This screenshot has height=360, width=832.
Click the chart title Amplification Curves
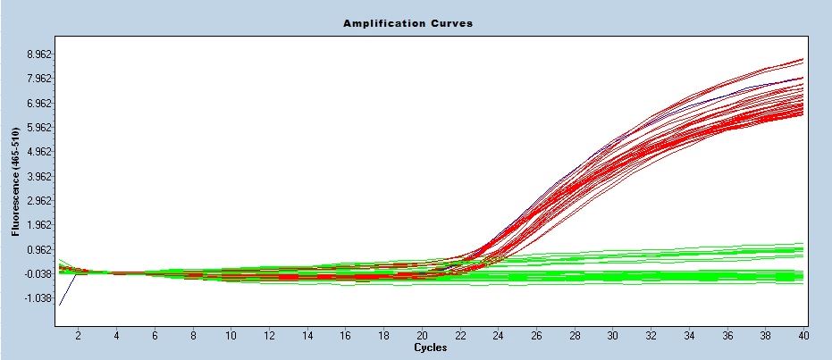(408, 23)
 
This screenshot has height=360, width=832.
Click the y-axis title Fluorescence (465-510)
(15, 181)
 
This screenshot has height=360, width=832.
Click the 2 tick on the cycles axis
(78, 335)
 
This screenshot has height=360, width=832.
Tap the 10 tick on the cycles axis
(231, 335)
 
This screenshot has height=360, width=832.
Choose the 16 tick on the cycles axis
(345, 335)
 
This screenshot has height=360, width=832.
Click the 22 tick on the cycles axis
(459, 335)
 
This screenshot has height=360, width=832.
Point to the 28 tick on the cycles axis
(574, 335)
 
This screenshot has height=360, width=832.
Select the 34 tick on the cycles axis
(688, 335)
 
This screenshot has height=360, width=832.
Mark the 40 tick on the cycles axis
(803, 335)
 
